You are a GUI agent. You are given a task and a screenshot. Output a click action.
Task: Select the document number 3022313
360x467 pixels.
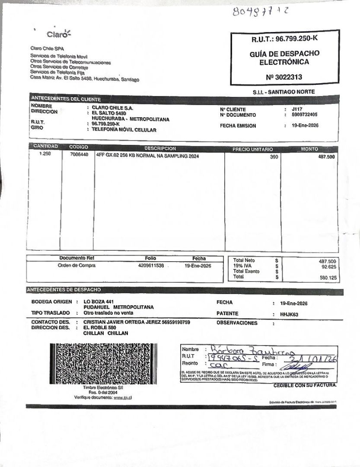284,77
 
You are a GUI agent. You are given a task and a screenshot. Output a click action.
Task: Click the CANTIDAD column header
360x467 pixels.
45,147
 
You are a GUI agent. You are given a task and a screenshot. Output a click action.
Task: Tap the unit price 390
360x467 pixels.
274,157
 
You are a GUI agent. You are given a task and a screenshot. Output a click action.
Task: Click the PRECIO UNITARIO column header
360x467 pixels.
253,149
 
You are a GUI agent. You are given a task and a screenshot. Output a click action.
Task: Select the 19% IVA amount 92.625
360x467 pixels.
327,267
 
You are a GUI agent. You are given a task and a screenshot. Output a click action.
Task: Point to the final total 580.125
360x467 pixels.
328,278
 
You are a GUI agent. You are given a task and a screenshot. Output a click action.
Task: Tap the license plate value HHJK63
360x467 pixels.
289,314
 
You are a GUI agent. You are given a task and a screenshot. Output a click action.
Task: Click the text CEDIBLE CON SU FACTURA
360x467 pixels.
305,385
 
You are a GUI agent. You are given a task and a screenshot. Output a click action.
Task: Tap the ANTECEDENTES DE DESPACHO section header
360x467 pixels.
64,289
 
